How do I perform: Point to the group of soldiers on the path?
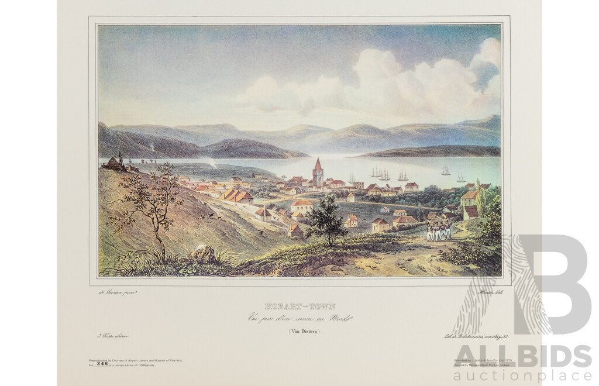(x=438, y=232)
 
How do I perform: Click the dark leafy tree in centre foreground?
(x=325, y=220)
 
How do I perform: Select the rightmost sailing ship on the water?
(x=461, y=177)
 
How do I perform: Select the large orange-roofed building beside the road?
(x=237, y=196)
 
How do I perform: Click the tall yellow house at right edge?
(x=469, y=199)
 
